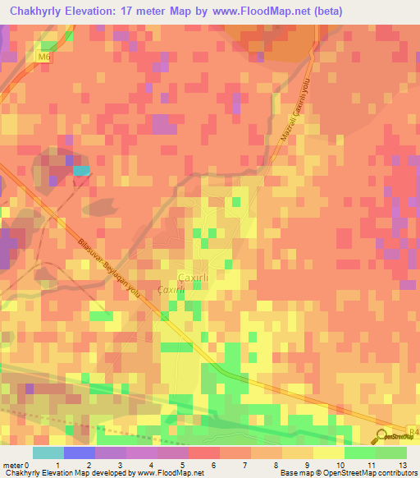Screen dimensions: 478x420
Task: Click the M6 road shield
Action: click(44, 57)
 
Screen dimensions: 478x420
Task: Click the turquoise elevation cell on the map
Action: click(81, 170)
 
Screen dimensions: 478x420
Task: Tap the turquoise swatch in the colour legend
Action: click(48, 453)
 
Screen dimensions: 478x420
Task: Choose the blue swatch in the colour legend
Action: click(80, 453)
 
